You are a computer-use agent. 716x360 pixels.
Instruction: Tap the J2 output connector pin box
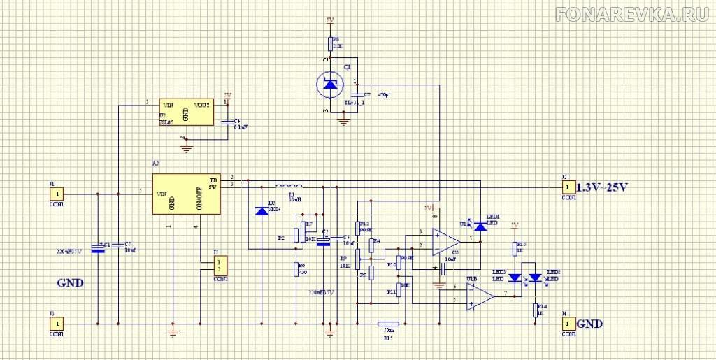[x=568, y=187]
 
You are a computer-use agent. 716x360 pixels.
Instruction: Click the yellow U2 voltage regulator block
[x=186, y=111]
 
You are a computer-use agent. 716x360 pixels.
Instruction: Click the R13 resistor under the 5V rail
[x=516, y=249]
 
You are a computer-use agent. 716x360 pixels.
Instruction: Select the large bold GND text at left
[x=70, y=283]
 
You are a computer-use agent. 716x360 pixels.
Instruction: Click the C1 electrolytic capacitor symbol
[x=98, y=247]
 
